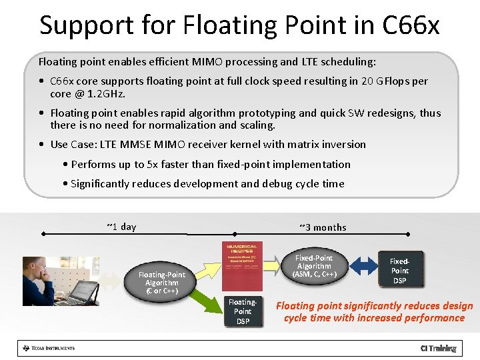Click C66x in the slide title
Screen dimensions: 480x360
click(x=411, y=25)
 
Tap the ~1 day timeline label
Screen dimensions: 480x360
click(x=121, y=227)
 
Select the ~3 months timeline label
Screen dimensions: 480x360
click(x=323, y=227)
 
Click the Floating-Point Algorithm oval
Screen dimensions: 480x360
click(x=161, y=282)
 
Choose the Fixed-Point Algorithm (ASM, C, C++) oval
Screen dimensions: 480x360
click(x=314, y=266)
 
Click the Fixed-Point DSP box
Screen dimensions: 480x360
click(x=399, y=271)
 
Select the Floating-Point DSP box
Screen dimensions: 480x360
click(x=243, y=311)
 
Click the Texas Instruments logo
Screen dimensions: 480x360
click(x=48, y=348)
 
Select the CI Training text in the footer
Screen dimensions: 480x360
click(x=438, y=348)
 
